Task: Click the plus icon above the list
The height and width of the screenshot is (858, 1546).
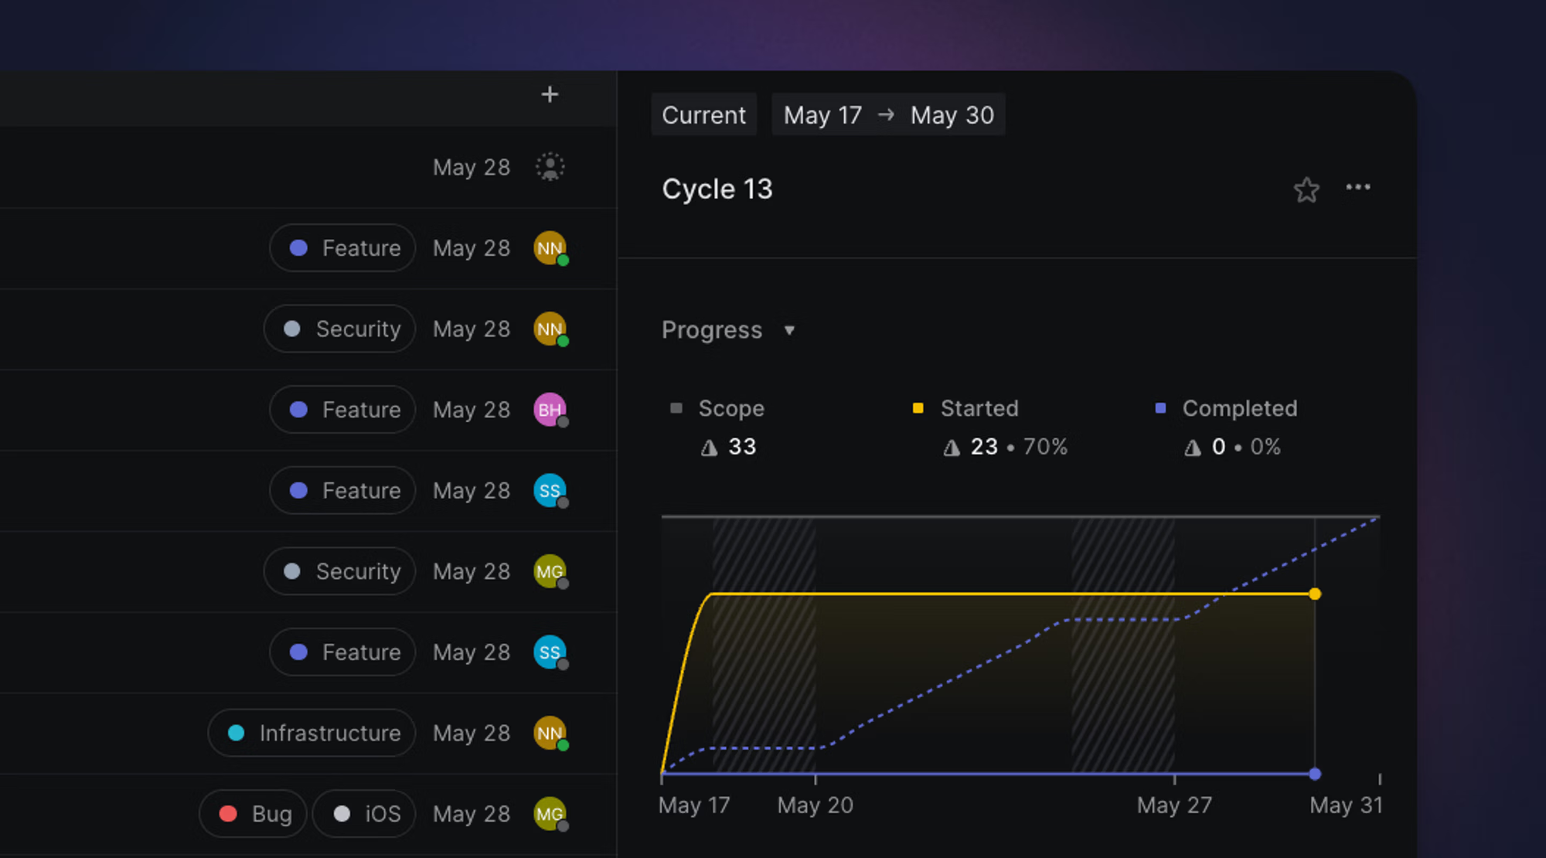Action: point(550,94)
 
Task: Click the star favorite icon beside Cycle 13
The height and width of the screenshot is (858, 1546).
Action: point(1306,189)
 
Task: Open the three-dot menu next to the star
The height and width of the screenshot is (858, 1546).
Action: point(1358,187)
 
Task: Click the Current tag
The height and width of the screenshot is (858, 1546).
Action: point(703,115)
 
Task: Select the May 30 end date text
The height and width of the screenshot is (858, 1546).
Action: point(952,115)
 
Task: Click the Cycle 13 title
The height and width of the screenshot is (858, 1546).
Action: point(717,189)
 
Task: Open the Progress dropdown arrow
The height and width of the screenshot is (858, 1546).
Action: point(789,331)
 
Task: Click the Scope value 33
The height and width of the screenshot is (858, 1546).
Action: point(741,447)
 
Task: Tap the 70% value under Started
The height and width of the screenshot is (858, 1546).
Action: point(1045,447)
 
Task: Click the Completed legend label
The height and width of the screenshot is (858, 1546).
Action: point(1239,408)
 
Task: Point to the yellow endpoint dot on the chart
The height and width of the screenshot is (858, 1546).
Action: point(1315,594)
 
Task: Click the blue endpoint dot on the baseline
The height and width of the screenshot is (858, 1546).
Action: point(1315,774)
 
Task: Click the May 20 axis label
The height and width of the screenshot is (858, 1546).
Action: point(815,805)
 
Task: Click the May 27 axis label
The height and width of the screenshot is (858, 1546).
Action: point(1173,805)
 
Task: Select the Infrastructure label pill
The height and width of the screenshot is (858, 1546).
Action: point(312,733)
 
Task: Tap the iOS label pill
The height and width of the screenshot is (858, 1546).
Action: point(365,814)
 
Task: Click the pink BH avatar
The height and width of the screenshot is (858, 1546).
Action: point(550,410)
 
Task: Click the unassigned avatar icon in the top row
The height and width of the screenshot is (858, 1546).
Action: point(550,167)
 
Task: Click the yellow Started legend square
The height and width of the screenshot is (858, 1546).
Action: point(918,408)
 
